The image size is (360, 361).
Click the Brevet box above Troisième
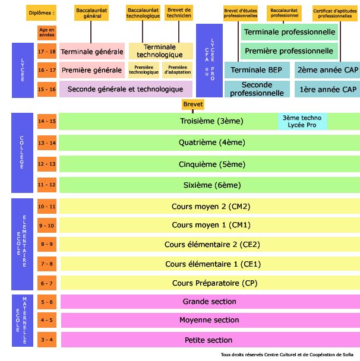(194, 104)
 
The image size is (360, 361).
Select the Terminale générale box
(91, 52)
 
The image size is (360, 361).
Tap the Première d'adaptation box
(178, 70)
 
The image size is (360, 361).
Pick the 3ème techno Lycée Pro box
(302, 121)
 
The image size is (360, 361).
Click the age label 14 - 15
(46, 121)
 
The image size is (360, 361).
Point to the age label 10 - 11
(46, 207)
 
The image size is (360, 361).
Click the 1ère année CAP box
(325, 89)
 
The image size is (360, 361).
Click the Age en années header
(46, 32)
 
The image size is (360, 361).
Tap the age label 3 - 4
(46, 340)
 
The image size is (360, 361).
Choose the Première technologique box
(144, 70)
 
